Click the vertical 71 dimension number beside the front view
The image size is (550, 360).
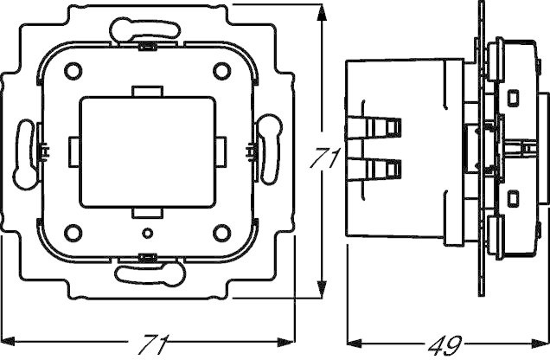click(x=325, y=157)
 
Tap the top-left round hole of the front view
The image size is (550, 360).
click(x=73, y=71)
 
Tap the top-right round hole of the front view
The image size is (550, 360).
click(x=221, y=71)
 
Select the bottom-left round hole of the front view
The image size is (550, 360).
click(x=73, y=233)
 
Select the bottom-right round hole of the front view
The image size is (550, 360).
click(x=221, y=233)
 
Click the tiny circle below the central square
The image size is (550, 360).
click(x=148, y=233)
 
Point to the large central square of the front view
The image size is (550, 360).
click(x=147, y=152)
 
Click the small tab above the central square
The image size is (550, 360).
click(x=147, y=91)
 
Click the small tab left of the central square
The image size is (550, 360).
click(x=74, y=151)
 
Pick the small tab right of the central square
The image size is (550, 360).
click(x=221, y=151)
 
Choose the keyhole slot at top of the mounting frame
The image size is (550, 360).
click(x=145, y=29)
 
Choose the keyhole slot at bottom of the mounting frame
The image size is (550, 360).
click(x=150, y=274)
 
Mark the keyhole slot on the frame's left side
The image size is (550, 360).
click(x=25, y=154)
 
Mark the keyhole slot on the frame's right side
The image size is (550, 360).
click(x=270, y=150)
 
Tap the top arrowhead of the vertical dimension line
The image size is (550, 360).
click(x=322, y=13)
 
